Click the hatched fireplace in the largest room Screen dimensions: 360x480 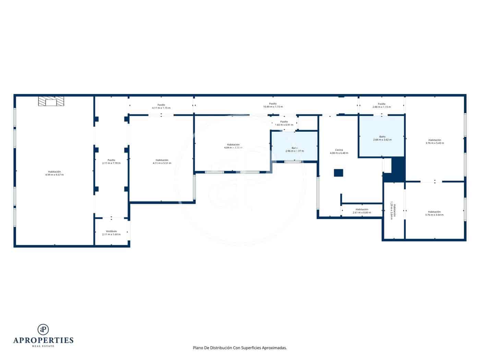coord(51,101)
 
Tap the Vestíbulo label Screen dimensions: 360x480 coord(111,233)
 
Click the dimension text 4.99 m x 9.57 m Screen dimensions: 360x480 coord(55,175)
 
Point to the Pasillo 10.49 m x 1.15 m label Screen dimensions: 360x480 coord(273,105)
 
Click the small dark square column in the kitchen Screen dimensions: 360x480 coord(338,173)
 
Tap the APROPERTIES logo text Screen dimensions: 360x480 coord(43,340)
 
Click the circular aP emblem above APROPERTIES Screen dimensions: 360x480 coord(43,329)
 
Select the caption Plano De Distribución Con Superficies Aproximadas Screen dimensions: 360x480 coord(240,348)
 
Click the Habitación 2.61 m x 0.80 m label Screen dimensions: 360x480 coord(362,211)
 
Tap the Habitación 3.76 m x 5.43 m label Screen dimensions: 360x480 coord(434,141)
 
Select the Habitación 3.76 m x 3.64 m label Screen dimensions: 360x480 coord(434,213)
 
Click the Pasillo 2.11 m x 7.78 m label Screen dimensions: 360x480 coord(111,161)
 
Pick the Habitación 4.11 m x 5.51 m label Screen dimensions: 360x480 coord(162,161)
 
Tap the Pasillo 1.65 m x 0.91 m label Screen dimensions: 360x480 coord(284,123)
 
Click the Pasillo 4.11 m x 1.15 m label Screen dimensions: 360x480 coord(161,106)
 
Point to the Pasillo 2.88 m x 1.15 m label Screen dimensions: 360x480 coord(382,105)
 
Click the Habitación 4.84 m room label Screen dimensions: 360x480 coord(233,146)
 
